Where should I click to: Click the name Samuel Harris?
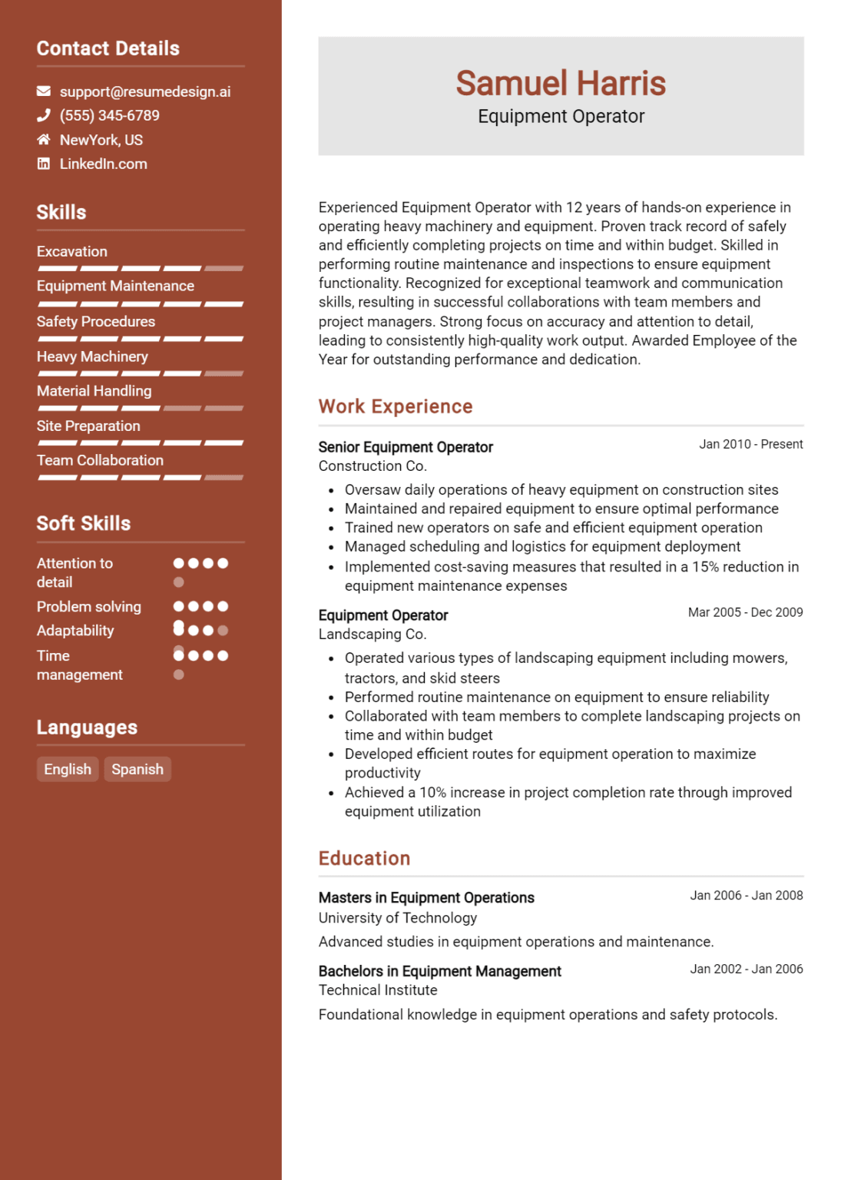pyautogui.click(x=561, y=83)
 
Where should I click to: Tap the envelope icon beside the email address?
pyautogui.click(x=44, y=91)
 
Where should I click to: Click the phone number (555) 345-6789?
pyautogui.click(x=110, y=115)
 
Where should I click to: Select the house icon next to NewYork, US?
pyautogui.click(x=44, y=140)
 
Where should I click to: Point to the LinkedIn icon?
pyautogui.click(x=44, y=164)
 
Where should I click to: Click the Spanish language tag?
pyautogui.click(x=137, y=769)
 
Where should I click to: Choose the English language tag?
pyautogui.click(x=68, y=769)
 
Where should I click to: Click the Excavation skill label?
pyautogui.click(x=72, y=251)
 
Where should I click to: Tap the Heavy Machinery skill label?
pyautogui.click(x=92, y=356)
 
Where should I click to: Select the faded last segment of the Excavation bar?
pyautogui.click(x=224, y=268)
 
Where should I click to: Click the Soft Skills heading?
pyautogui.click(x=84, y=523)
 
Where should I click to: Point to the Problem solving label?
pyautogui.click(x=89, y=606)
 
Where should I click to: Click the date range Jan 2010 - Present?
pyautogui.click(x=750, y=444)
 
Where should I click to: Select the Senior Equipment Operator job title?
pyautogui.click(x=406, y=447)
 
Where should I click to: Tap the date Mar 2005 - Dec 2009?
pyautogui.click(x=745, y=612)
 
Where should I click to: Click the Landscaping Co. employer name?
pyautogui.click(x=372, y=634)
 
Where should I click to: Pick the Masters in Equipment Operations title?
pyautogui.click(x=426, y=897)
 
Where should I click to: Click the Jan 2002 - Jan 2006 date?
pyautogui.click(x=746, y=969)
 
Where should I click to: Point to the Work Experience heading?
pyautogui.click(x=396, y=406)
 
